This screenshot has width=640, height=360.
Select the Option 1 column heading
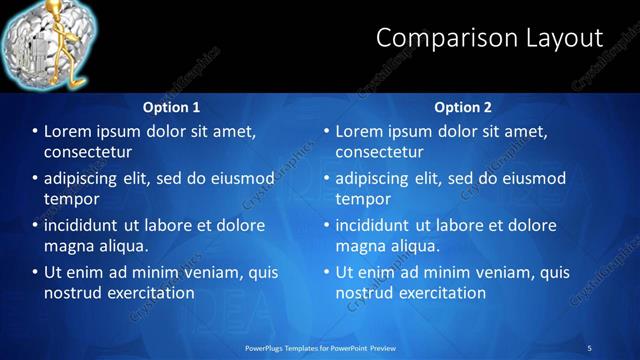171,106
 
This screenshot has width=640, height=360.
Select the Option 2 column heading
462,106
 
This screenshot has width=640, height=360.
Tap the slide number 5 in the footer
590,347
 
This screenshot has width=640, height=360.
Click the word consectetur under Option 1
89,152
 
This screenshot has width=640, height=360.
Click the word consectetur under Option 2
379,152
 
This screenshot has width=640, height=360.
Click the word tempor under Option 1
71,199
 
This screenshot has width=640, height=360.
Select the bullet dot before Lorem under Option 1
35,132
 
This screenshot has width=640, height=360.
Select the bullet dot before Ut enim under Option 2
326,272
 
